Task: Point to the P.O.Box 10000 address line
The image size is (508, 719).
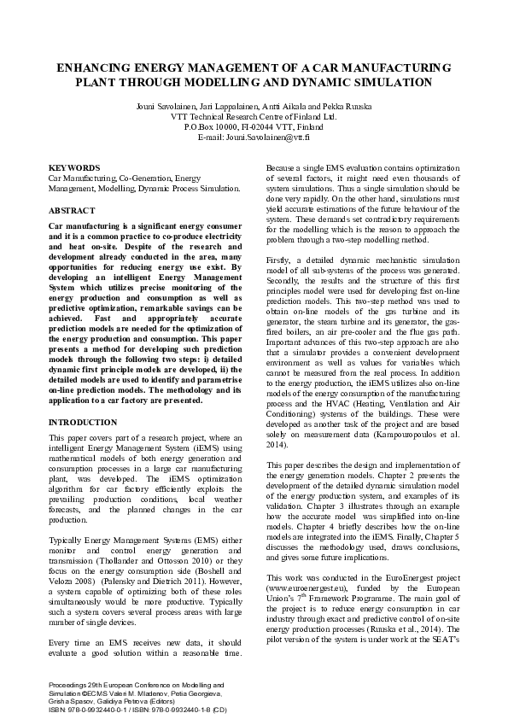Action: (254, 126)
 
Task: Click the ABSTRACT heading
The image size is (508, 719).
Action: (72, 210)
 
